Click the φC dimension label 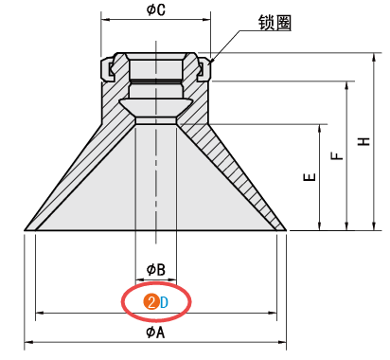[156, 9]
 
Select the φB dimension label [156, 269]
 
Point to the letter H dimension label [363, 141]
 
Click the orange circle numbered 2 [150, 302]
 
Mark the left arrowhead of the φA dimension [27, 343]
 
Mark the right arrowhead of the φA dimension [285, 343]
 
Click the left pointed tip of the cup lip [24, 229]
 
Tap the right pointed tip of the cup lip [287, 229]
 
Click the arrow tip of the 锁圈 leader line [209, 65]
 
